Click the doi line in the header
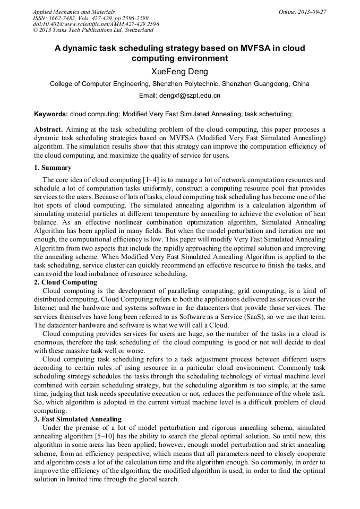click(x=96, y=24)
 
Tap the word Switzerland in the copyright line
click(x=135, y=30)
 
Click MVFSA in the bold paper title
click(x=244, y=48)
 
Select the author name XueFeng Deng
click(x=179, y=72)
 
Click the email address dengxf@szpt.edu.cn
click(x=194, y=96)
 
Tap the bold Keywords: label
click(x=51, y=114)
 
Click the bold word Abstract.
click(x=49, y=130)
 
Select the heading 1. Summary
click(x=53, y=168)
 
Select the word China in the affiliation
click(x=301, y=84)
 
